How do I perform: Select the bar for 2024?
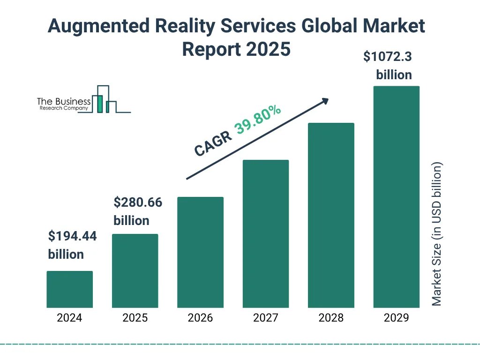[69, 289]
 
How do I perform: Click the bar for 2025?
[135, 271]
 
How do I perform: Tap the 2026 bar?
[200, 252]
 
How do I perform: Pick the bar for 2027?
[265, 234]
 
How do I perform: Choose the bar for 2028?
[331, 215]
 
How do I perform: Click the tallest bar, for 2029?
[396, 197]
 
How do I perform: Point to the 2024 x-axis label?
[69, 318]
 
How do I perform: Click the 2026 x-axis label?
[200, 318]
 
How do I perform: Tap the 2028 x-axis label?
[331, 318]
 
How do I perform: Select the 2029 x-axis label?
[396, 318]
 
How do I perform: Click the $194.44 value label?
[73, 237]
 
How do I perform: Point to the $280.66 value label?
[138, 203]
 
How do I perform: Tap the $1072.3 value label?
[388, 57]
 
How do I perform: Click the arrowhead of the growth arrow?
[325, 101]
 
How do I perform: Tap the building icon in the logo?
[104, 99]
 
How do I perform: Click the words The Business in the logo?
[64, 101]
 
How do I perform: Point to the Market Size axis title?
[437, 234]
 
